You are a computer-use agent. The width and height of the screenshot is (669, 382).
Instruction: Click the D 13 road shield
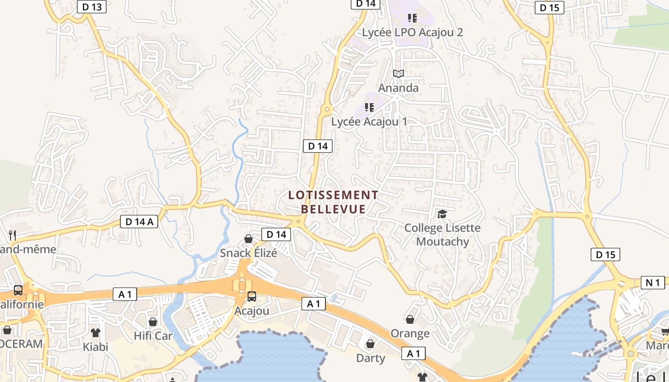coord(91,7)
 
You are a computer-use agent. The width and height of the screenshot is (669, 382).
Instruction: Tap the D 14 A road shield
coord(139,222)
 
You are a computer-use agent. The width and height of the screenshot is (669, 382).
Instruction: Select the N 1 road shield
coord(653,283)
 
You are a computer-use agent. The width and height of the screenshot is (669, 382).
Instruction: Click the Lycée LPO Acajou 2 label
coord(412,32)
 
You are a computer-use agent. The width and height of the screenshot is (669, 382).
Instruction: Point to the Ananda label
coord(398,88)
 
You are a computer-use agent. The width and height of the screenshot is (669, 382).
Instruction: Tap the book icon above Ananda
coord(398,74)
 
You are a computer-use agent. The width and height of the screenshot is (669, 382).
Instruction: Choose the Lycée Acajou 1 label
coord(369,122)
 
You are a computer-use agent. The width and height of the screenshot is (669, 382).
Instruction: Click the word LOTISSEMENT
coord(333,195)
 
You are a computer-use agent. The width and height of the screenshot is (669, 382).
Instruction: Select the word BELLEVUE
coord(333,209)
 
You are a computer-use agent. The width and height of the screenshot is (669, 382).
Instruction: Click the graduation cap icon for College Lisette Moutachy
coord(442,214)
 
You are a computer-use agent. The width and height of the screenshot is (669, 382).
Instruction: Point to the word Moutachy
coord(442,242)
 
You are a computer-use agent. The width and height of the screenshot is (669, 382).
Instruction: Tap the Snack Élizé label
coord(248,253)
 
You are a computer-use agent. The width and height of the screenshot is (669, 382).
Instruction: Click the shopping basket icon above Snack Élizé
coord(248,239)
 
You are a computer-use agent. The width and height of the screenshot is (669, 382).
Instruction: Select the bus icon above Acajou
coord(252,297)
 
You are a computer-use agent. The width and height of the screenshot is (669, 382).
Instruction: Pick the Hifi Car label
coord(153,336)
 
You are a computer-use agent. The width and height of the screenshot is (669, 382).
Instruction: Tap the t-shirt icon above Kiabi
coord(96,333)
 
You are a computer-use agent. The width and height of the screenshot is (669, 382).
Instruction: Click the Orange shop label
coord(410,333)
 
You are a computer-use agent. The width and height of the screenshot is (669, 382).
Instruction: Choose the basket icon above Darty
coord(370,344)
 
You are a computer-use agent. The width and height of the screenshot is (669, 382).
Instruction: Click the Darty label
coord(370,358)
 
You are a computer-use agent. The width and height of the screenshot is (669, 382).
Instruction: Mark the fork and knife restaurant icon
coord(12,235)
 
